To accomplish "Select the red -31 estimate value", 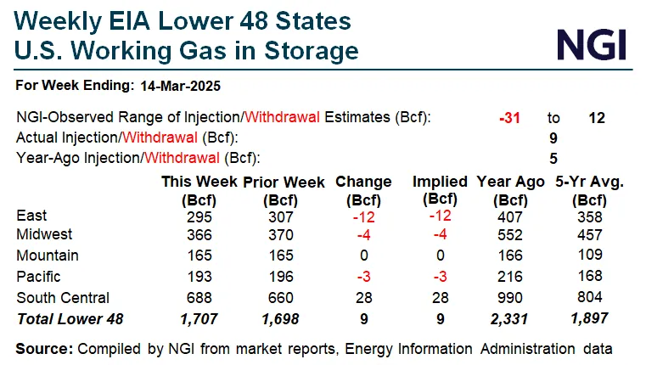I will pyautogui.click(x=510, y=118).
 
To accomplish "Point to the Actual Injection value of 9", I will pyautogui.click(x=553, y=138).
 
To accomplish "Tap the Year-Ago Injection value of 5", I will pyautogui.click(x=553, y=157).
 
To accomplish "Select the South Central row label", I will pyautogui.click(x=62, y=297).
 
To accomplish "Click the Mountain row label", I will pyautogui.click(x=48, y=255).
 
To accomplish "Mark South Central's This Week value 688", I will pyautogui.click(x=199, y=298).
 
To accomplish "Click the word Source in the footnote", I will pyautogui.click(x=43, y=349).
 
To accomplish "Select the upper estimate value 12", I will pyautogui.click(x=597, y=118).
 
